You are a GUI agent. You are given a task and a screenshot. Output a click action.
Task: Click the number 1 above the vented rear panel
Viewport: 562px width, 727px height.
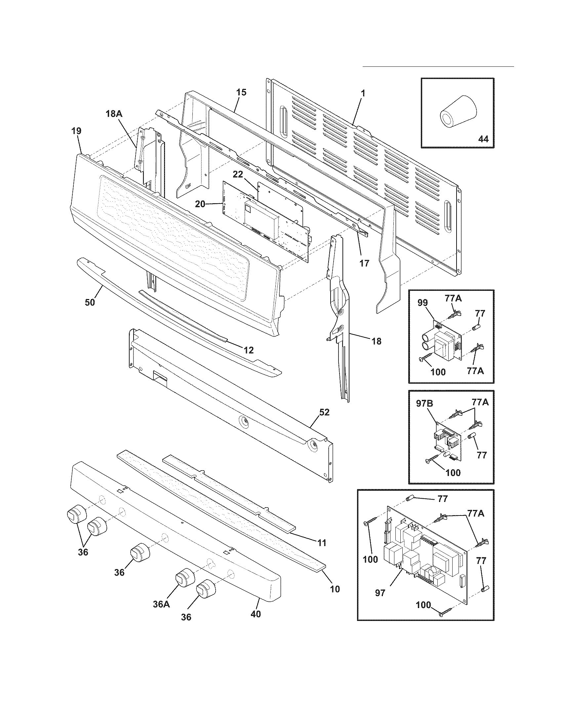pos(363,93)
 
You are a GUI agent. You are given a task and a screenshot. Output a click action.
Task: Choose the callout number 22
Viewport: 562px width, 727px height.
pos(238,174)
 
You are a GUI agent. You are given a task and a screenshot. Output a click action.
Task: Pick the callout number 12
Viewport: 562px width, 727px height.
pos(248,350)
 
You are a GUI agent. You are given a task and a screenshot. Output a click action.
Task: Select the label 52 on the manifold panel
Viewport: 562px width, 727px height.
pos(324,412)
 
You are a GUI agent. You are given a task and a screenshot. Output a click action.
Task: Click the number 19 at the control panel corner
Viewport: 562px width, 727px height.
pos(76,131)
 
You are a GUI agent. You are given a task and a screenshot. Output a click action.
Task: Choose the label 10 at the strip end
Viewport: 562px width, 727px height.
pos(335,589)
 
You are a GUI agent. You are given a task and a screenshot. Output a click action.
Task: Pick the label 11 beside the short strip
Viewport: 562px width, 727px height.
pos(321,543)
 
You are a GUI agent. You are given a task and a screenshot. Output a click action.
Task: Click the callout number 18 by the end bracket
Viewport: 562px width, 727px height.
pos(376,341)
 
